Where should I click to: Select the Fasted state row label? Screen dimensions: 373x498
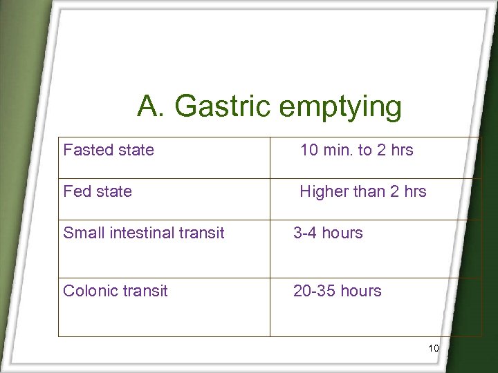(x=109, y=150)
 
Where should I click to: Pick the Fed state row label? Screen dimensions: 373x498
(x=98, y=191)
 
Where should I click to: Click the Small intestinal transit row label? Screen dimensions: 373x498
(x=144, y=233)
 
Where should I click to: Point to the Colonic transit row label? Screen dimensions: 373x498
(x=116, y=291)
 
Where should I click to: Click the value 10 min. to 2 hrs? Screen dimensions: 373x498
(x=356, y=150)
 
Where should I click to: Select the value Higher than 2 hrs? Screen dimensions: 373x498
(x=363, y=191)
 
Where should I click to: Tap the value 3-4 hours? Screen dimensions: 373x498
(x=328, y=233)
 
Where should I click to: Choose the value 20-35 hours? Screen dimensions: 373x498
(x=338, y=291)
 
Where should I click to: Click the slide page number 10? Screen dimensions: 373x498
(x=434, y=348)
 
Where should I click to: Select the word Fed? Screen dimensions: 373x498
(x=75, y=191)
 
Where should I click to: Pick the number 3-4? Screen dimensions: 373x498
(x=305, y=233)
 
